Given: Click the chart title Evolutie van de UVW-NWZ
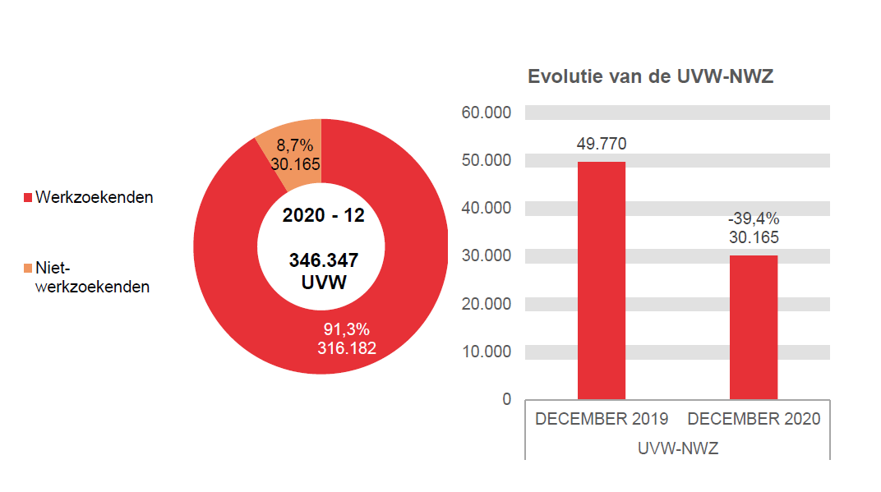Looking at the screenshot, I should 650,77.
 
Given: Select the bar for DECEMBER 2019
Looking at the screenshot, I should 601,280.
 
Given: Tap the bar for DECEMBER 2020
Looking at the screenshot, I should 753,327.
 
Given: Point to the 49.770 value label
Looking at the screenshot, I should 601,145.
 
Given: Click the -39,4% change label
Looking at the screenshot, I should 753,219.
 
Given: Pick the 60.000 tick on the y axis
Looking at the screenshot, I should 487,113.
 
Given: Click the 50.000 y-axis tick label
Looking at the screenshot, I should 487,160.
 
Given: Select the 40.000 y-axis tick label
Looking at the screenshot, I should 487,208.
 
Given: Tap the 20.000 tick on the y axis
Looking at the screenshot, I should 487,304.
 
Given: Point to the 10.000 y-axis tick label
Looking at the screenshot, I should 487,352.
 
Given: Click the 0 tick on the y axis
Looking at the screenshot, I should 506,399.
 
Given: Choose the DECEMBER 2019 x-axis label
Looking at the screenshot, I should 601,419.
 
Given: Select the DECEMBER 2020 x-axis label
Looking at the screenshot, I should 753,419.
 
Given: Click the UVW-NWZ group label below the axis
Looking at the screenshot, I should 677,448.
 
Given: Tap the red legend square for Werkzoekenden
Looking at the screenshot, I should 28,198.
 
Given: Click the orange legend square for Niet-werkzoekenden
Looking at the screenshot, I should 28,268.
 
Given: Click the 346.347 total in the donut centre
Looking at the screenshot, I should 323,261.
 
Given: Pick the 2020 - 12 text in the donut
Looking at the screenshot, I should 323,216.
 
